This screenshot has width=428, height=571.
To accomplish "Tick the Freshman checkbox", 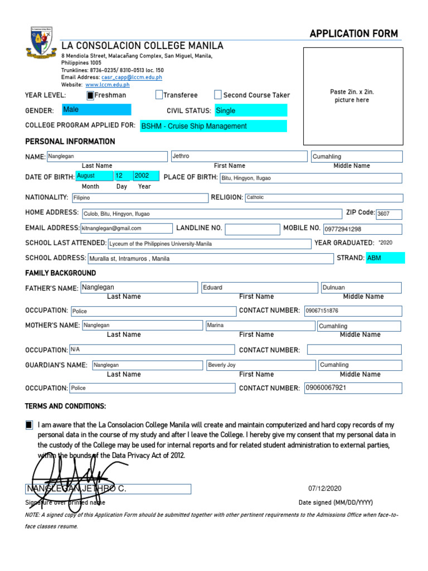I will pos(90,95).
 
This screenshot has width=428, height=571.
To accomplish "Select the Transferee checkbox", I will pos(159,95).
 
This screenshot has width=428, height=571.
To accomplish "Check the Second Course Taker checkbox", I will pos(218,95).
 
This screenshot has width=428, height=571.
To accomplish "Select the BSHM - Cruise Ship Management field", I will pos(213,126).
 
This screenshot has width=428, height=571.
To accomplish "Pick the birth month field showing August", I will pos(93,176).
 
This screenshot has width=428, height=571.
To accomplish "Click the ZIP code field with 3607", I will pos(388,214).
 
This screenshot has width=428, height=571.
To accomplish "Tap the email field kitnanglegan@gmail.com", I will pos(127,228).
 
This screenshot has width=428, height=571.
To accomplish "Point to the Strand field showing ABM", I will pos(385,258).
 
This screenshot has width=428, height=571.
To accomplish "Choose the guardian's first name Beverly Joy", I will pos(260,365).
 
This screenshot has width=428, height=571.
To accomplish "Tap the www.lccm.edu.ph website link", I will pos(108,85).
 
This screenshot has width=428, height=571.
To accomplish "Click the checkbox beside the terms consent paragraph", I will pos(29,425).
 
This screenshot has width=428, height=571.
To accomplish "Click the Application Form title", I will pos(353,34).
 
